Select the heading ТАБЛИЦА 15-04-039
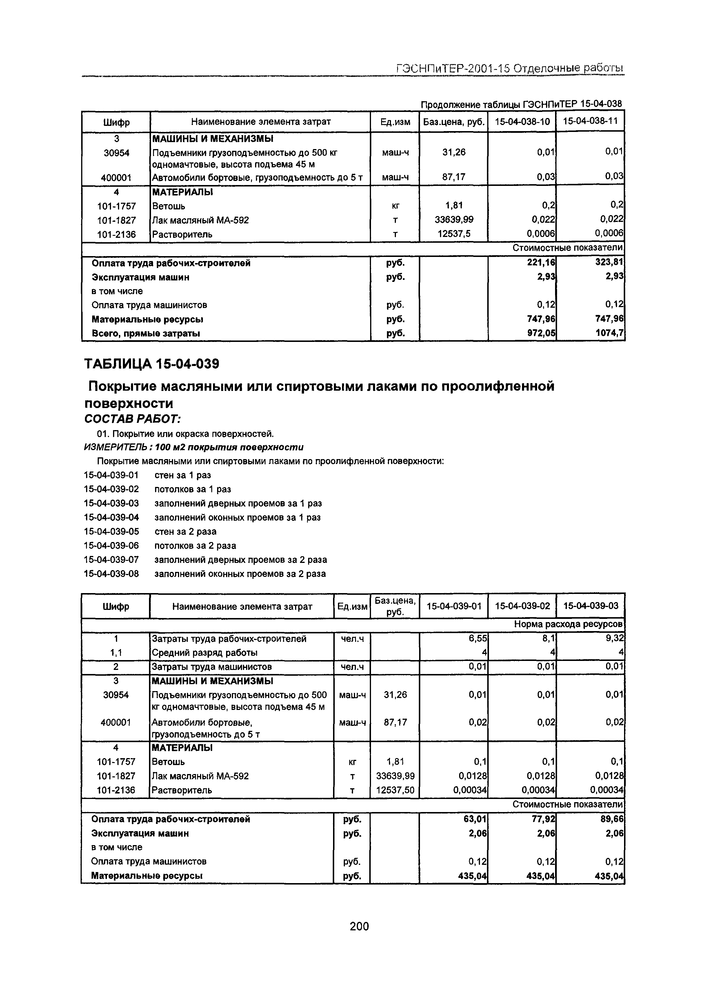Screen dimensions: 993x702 point(151,364)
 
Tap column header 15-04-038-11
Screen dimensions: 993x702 point(590,121)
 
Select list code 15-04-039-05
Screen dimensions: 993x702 point(112,532)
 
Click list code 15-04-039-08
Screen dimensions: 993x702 point(112,574)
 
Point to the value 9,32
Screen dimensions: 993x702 point(615,638)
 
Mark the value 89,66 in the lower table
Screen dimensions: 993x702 point(612,819)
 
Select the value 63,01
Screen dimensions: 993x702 point(476,819)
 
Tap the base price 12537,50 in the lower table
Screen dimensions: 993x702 point(395,790)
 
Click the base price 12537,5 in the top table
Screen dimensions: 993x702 point(453,234)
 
